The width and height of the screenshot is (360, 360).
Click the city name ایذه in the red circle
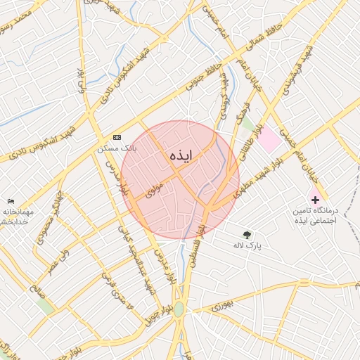pyautogui.click(x=181, y=155)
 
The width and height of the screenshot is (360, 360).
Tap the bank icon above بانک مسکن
pyautogui.click(x=117, y=137)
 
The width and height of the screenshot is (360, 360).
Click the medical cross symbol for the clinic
pyautogui.click(x=314, y=200)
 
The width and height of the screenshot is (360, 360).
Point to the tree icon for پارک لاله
pyautogui.click(x=247, y=235)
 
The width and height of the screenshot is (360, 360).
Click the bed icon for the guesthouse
pyautogui.click(x=10, y=202)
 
